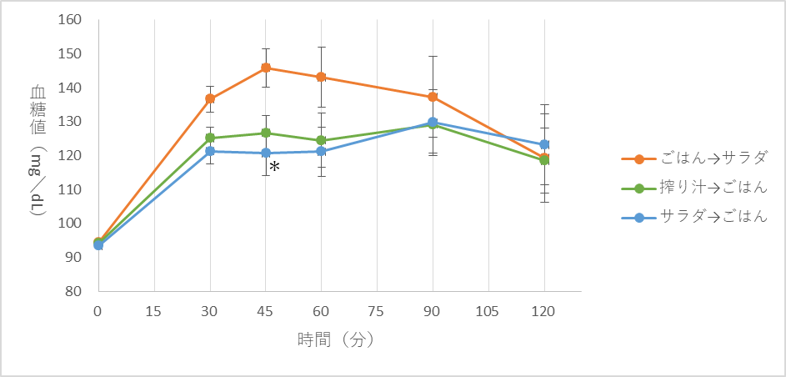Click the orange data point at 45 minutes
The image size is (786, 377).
266,68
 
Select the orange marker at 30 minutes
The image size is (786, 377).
210,98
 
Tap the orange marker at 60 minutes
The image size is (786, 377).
322,77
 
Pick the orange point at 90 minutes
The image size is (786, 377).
433,97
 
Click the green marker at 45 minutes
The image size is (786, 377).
266,133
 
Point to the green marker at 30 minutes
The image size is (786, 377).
210,138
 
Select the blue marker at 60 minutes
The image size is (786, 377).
322,151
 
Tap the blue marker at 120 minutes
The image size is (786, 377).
544,144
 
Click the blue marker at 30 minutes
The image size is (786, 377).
210,151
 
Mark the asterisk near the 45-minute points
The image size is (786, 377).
274,168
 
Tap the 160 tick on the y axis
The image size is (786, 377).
69,20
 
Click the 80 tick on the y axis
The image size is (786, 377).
73,291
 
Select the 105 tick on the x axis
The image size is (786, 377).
488,311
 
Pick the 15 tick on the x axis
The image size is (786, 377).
154,311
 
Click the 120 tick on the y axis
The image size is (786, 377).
69,156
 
